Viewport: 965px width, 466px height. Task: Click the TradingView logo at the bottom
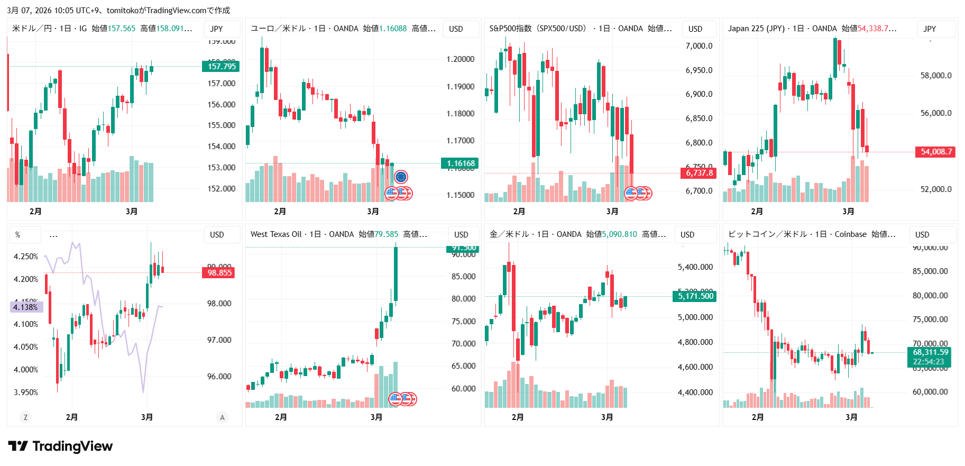pyautogui.click(x=61, y=446)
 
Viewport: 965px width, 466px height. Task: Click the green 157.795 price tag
pyautogui.click(x=221, y=66)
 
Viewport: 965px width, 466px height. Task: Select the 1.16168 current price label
pyautogui.click(x=460, y=163)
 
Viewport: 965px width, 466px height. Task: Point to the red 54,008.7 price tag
pyautogui.click(x=936, y=152)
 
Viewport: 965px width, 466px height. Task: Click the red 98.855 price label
pyautogui.click(x=219, y=273)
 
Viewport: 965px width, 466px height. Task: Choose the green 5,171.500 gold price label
pyautogui.click(x=695, y=296)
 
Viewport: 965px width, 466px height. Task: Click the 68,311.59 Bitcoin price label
pyautogui.click(x=930, y=352)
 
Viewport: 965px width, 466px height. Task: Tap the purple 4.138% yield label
pyautogui.click(x=26, y=307)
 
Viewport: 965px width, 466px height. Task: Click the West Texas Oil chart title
pyautogui.click(x=275, y=234)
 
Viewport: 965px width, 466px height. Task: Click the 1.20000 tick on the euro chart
pyautogui.click(x=460, y=59)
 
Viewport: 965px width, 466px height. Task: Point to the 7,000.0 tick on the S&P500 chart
pyautogui.click(x=699, y=46)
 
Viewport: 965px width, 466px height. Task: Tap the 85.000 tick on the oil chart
pyautogui.click(x=463, y=277)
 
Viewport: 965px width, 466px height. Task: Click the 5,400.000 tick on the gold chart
pyautogui.click(x=695, y=267)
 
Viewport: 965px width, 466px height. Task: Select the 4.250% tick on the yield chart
pyautogui.click(x=26, y=257)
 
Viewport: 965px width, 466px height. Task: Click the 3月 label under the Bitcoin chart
pyautogui.click(x=851, y=417)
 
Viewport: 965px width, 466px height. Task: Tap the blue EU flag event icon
pyautogui.click(x=401, y=177)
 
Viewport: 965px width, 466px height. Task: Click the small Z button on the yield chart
pyautogui.click(x=25, y=417)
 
